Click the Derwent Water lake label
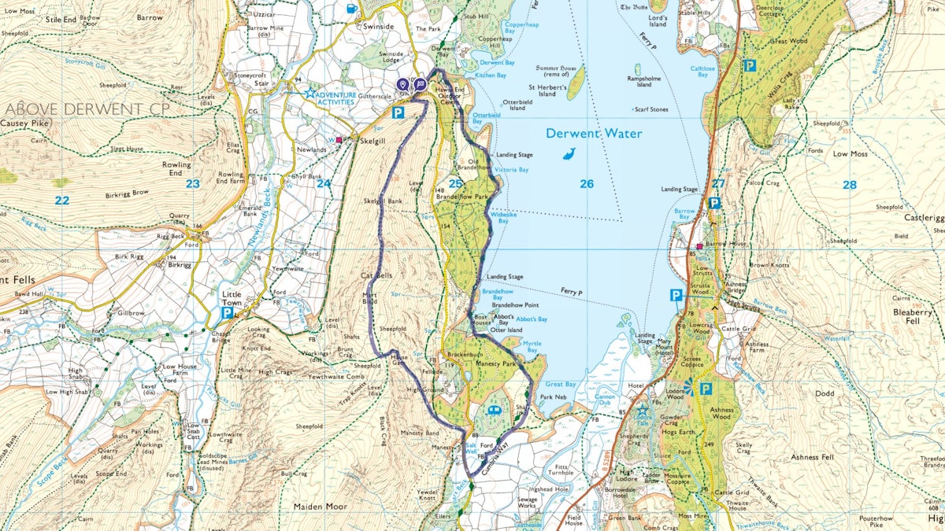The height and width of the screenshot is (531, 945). tap(594, 134)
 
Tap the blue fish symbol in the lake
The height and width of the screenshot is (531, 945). tap(569, 154)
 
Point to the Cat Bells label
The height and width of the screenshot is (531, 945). tap(376, 277)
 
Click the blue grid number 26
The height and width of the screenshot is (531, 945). tap(586, 184)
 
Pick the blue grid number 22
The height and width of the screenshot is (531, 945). tap(61, 201)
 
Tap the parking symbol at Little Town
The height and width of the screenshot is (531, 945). tap(227, 313)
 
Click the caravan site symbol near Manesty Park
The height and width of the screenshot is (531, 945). tap(494, 411)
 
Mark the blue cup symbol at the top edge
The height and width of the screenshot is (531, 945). tap(351, 9)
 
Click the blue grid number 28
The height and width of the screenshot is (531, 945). tap(848, 185)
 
